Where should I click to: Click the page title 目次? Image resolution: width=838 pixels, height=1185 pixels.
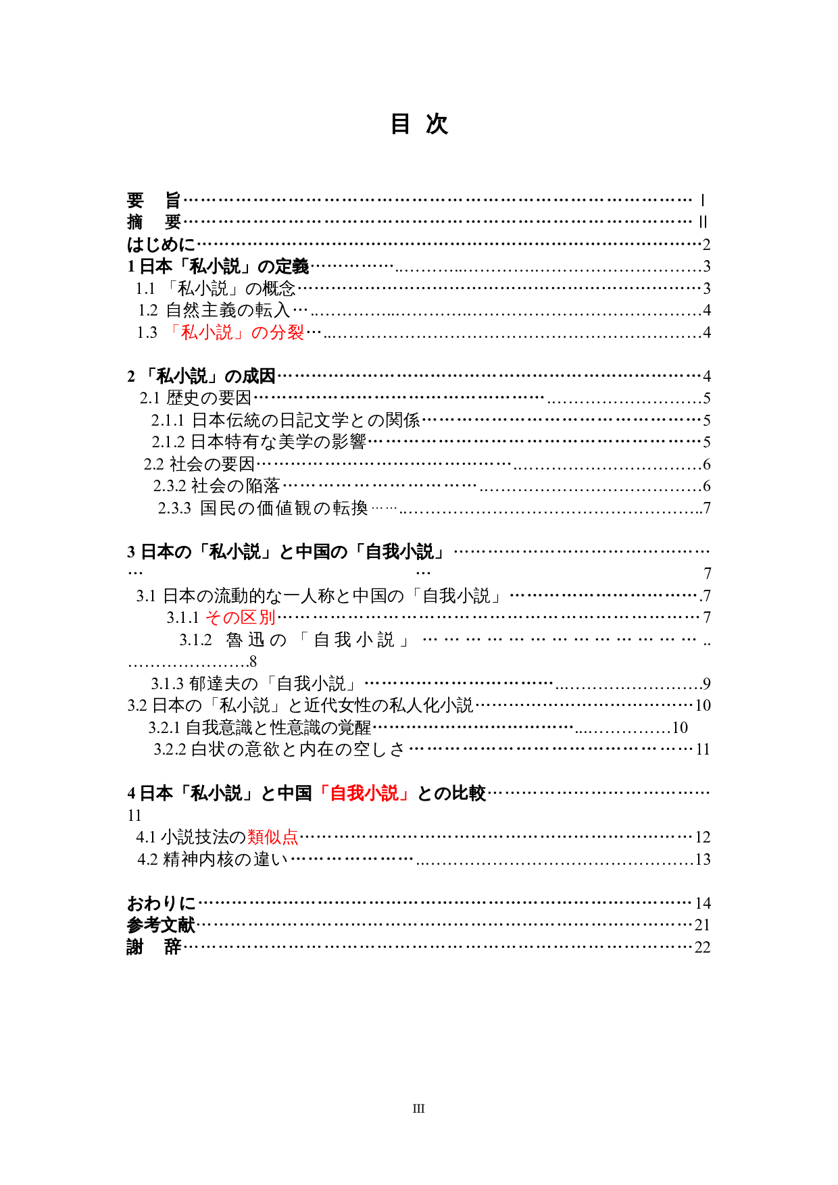point(419,124)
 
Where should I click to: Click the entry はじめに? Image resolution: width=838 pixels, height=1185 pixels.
point(161,244)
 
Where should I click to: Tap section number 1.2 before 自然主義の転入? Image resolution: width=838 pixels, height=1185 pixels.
point(147,310)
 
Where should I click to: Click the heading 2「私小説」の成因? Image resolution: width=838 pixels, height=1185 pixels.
point(201,376)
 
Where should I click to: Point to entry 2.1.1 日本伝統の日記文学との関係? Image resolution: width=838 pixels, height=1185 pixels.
point(285,420)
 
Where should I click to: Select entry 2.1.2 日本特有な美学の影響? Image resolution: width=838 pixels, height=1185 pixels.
point(259,442)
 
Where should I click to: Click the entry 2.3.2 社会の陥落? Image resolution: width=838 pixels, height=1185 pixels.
point(216,486)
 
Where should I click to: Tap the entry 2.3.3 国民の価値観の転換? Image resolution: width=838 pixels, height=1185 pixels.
point(263,507)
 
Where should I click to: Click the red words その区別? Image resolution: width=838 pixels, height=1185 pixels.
point(240,617)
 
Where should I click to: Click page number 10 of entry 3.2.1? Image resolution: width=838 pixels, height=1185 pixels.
point(679,728)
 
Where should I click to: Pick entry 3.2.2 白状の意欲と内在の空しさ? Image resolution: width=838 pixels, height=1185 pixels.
point(279,749)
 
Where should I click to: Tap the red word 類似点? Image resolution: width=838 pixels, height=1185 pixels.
point(272,837)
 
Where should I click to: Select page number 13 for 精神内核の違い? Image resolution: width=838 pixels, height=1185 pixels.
point(702,859)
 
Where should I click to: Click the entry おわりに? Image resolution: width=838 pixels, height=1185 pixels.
point(161,903)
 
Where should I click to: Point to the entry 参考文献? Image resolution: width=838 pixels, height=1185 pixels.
point(161,925)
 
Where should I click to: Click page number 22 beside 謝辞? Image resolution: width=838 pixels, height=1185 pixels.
point(702,947)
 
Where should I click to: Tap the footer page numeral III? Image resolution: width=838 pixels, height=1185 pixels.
point(418,1108)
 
